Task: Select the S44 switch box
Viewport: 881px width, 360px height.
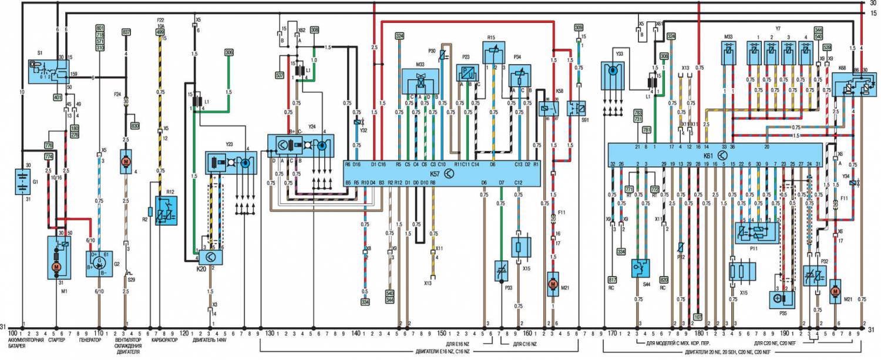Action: (641, 268)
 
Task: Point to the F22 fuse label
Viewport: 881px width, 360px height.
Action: (160, 22)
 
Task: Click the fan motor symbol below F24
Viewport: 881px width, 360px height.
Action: (126, 160)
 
